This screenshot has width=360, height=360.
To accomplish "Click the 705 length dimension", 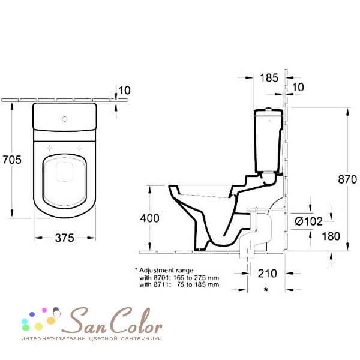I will (12, 160).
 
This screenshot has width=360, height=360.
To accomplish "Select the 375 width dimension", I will (64, 238).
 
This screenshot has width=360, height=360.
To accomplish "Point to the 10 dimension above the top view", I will (125, 91).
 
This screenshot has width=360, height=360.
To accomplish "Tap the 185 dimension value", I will (269, 77).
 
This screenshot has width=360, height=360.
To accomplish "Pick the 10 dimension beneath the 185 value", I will (298, 88).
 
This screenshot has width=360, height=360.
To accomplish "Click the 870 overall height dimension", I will (347, 179).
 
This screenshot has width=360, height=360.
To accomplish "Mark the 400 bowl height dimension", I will (149, 218).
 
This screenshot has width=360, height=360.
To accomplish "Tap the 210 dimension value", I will (267, 274).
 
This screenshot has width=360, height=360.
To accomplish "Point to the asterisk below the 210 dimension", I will (266, 290).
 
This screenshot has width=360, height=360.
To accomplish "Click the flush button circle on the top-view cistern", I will (64, 118).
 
